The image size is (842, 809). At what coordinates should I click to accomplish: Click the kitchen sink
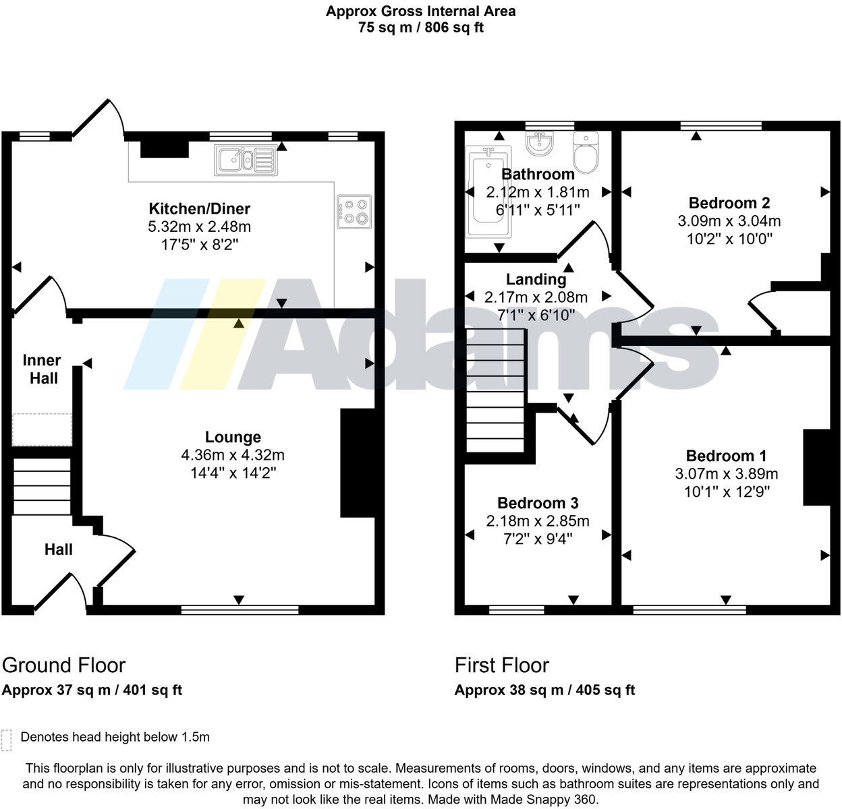246,160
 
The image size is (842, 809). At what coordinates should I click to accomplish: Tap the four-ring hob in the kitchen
354,212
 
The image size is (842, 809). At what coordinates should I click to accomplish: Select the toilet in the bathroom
586,152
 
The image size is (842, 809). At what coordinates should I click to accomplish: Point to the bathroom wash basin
539,143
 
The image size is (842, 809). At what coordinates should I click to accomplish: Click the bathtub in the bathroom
488,191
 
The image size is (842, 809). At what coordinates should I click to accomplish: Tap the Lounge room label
233,437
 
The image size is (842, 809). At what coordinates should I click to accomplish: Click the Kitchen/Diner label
200,208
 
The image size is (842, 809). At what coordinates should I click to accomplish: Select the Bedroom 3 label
538,503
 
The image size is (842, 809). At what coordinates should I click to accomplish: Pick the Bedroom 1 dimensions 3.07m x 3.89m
727,474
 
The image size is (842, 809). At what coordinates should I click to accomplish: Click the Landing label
536,279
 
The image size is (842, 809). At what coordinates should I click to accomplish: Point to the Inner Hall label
42,369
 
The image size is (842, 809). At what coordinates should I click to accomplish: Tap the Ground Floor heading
63,665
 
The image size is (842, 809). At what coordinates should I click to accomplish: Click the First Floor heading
501,665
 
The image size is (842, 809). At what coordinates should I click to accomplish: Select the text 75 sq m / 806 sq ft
420,28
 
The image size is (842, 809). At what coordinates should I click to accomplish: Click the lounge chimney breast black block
358,462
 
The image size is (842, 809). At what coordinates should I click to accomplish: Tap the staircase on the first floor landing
496,390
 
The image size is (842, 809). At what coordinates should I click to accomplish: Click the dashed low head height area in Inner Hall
42,429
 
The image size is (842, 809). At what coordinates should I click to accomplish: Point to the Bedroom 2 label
729,203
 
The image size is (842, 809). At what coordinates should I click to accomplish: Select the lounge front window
240,610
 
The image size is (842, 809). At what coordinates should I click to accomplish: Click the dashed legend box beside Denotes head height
6,741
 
